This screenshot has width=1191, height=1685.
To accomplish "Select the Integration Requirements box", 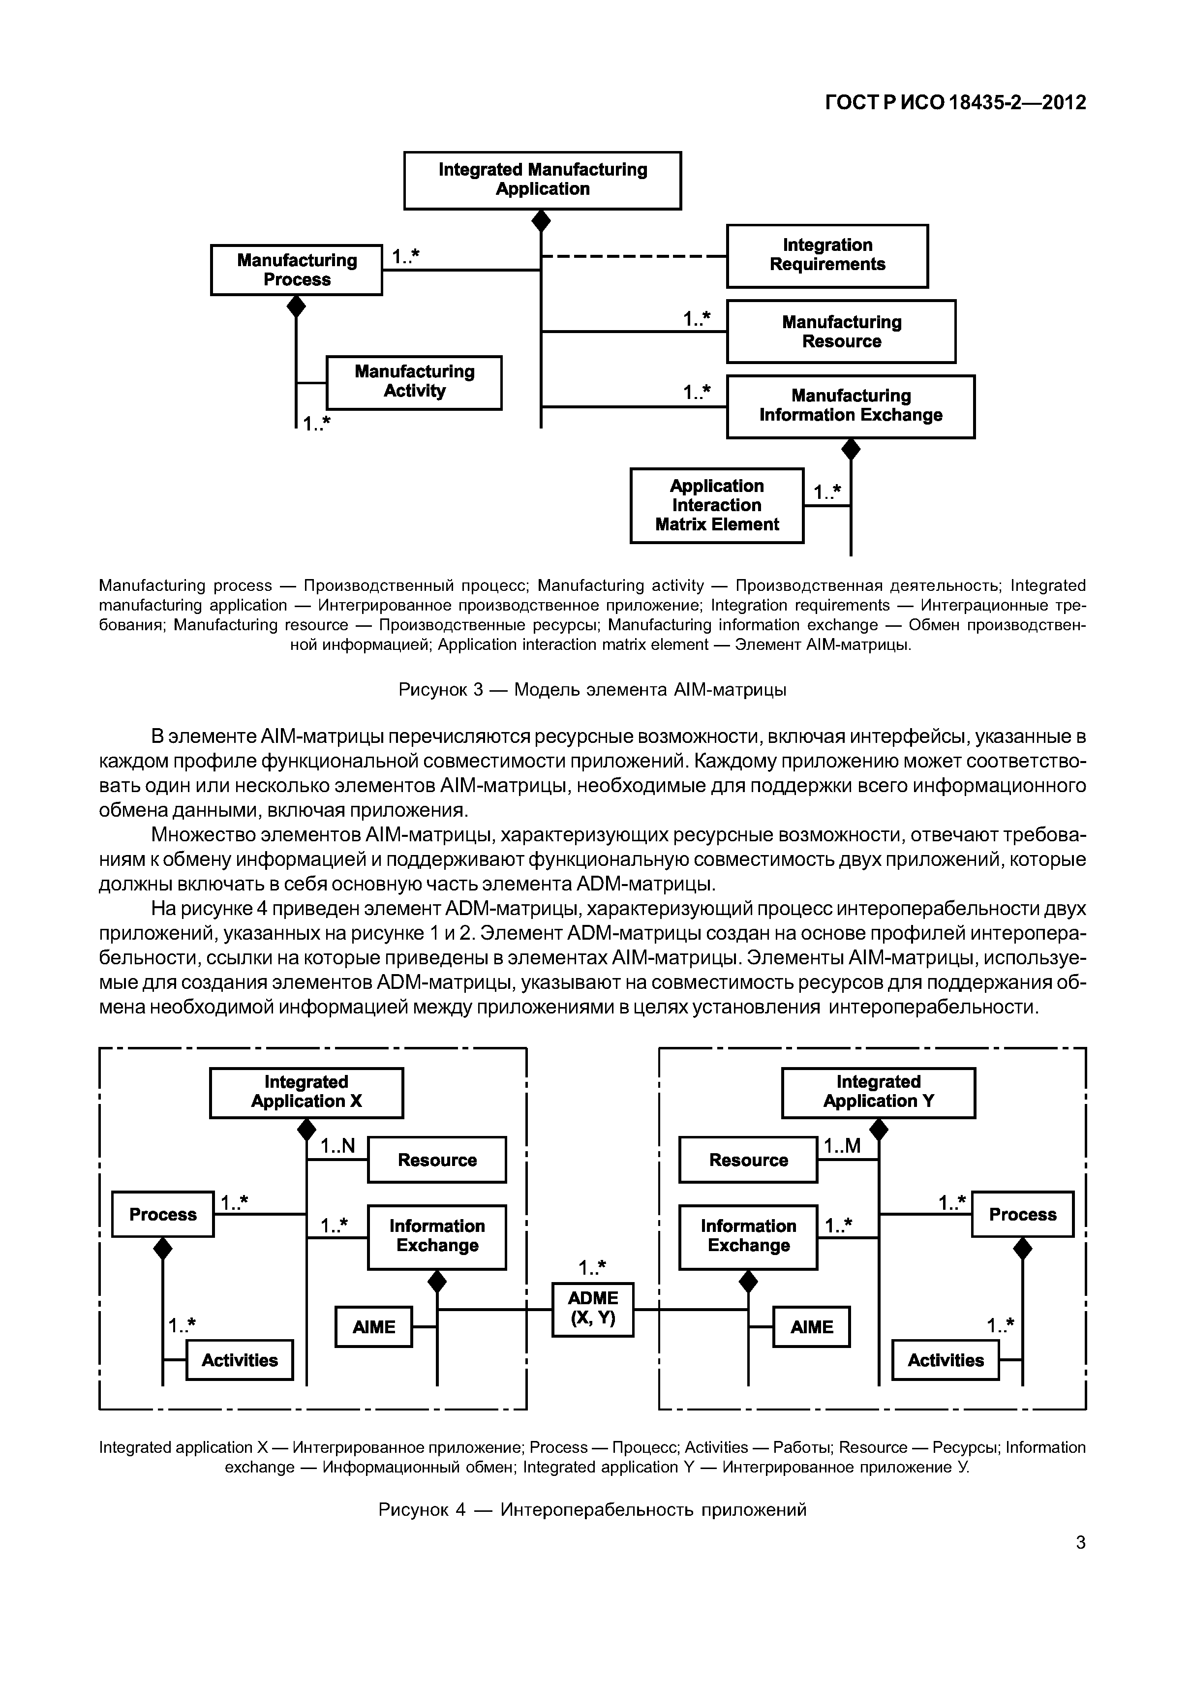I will [x=827, y=255].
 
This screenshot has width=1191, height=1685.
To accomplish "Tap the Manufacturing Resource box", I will [x=841, y=331].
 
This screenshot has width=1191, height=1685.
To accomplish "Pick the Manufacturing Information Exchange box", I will [x=851, y=406].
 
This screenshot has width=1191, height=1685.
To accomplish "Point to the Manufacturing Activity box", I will [x=414, y=382].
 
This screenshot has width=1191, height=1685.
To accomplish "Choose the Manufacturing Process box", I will [x=297, y=269].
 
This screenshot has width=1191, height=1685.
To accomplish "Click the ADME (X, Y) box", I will [x=592, y=1309].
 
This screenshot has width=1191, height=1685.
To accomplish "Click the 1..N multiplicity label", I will [x=337, y=1146].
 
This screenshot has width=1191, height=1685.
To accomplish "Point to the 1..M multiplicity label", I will [x=842, y=1146].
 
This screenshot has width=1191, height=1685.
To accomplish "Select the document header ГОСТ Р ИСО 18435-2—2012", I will [x=955, y=103].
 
